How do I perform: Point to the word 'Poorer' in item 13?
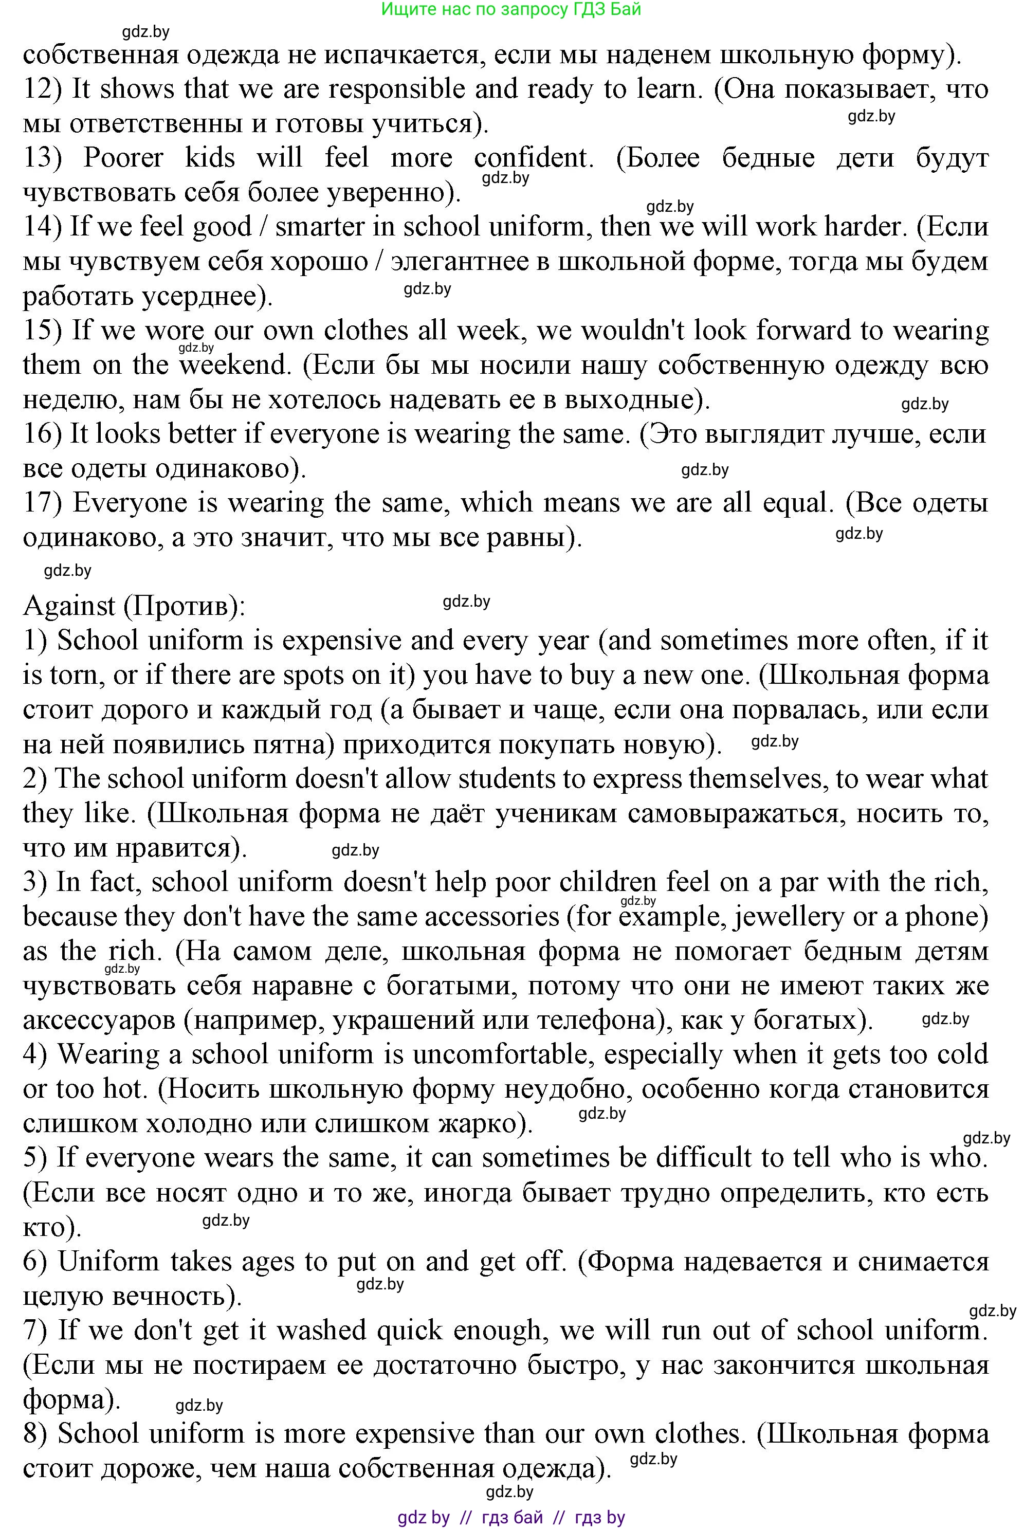123,158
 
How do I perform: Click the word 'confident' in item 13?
531,158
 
